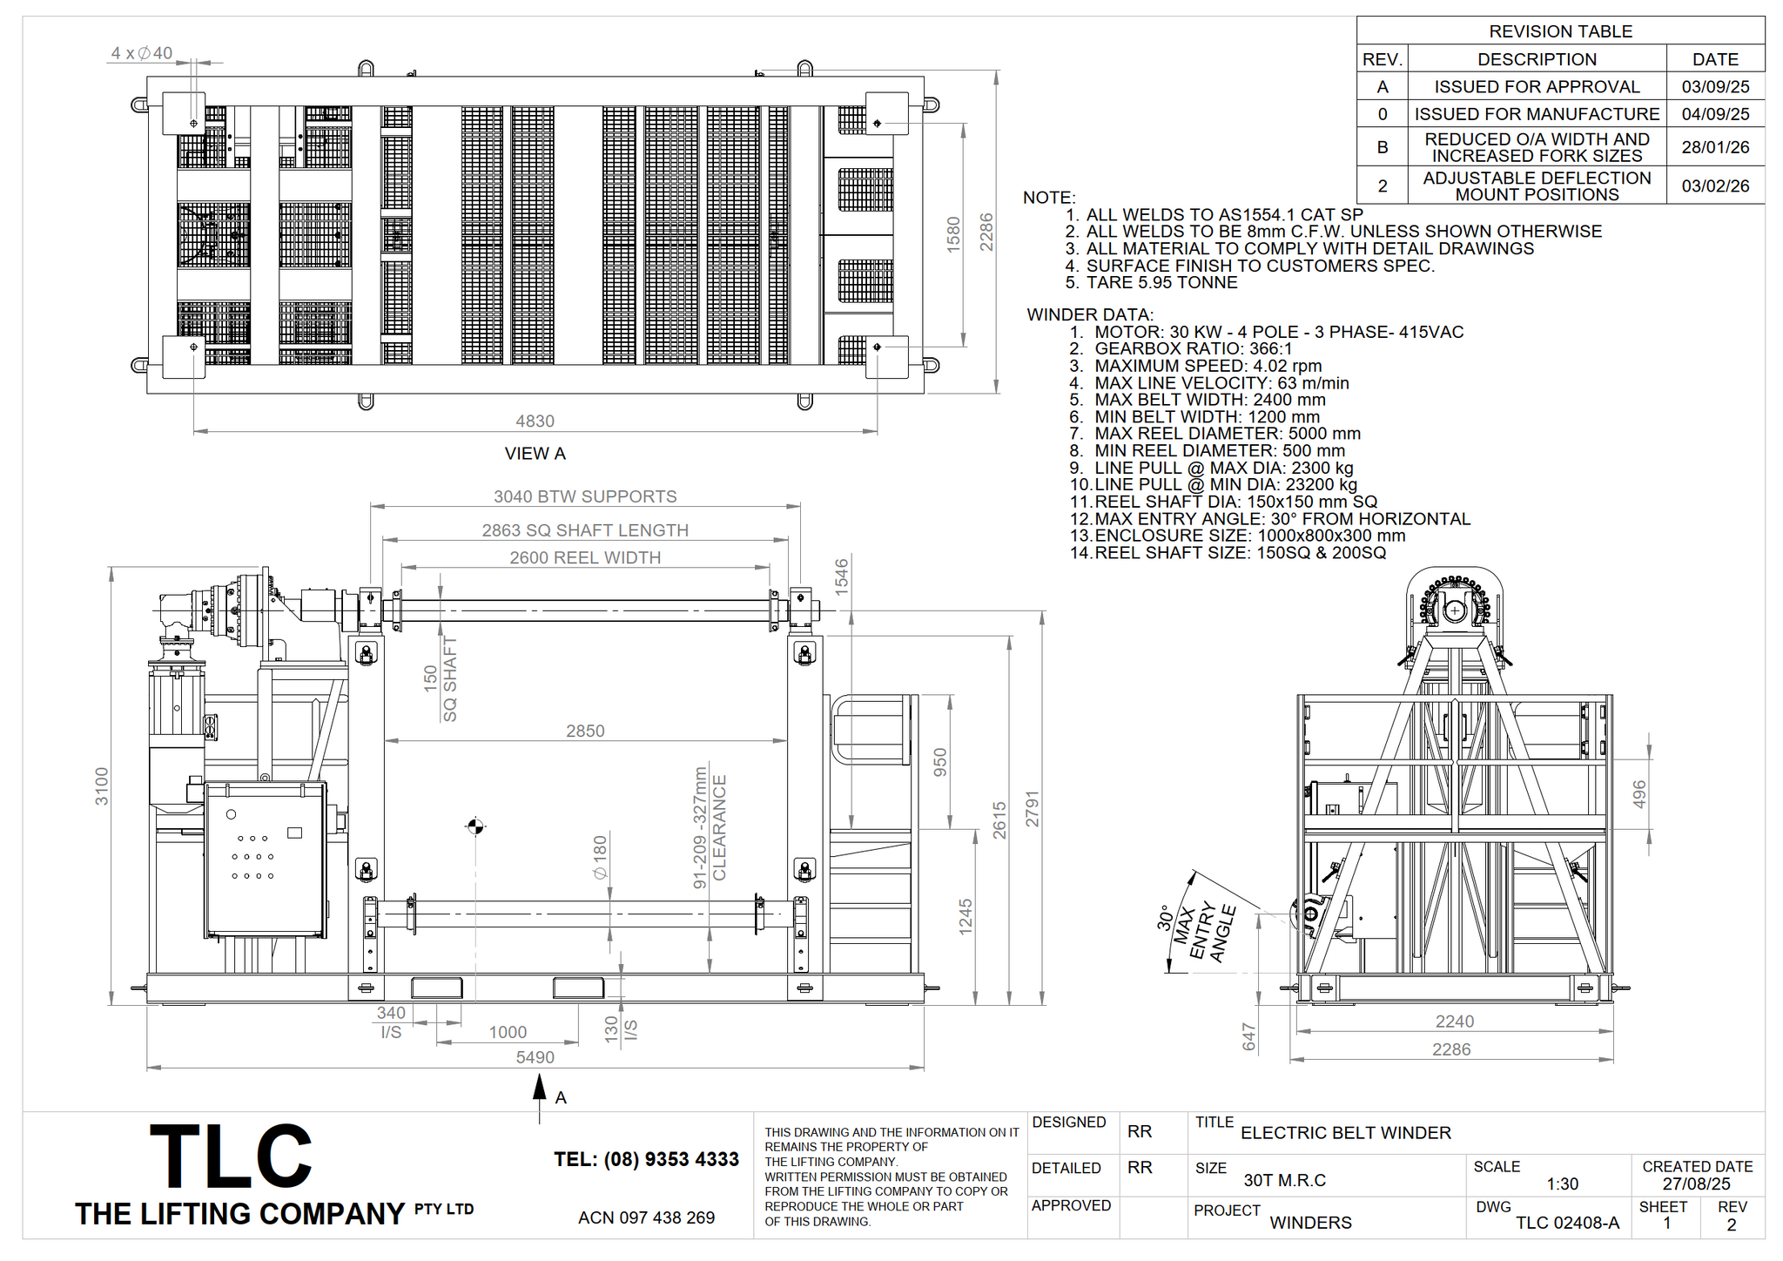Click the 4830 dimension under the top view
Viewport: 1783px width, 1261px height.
coord(535,421)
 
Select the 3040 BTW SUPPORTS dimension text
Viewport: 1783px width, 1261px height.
coord(585,496)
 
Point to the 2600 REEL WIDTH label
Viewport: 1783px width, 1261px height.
coord(585,557)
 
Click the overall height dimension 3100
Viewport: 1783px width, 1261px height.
coord(102,786)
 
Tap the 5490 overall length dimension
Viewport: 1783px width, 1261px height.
coord(535,1057)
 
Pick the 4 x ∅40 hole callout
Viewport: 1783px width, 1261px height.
coord(142,53)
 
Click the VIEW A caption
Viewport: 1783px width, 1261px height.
coord(535,454)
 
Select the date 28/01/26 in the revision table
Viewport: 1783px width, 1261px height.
coord(1715,147)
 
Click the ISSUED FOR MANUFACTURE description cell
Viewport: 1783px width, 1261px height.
coord(1537,114)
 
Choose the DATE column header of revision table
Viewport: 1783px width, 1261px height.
coord(1715,59)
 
